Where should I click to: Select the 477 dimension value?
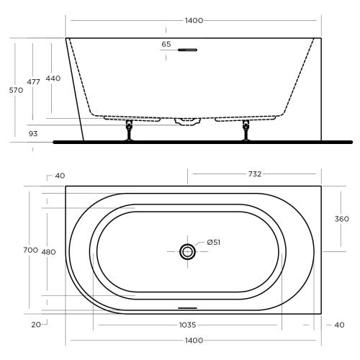33,83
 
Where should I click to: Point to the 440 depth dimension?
53,78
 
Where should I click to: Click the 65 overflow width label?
166,45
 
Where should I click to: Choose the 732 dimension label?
253,174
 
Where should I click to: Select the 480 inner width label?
48,251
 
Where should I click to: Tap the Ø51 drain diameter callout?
213,242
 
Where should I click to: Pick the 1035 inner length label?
187,325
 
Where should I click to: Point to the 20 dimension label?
36,325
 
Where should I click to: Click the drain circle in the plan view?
188,251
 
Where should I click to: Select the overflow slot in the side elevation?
187,50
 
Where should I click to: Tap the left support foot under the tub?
130,132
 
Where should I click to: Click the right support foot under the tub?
246,132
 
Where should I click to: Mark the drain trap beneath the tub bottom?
188,120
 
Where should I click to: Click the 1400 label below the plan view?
194,340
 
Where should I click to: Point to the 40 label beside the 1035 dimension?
340,325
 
